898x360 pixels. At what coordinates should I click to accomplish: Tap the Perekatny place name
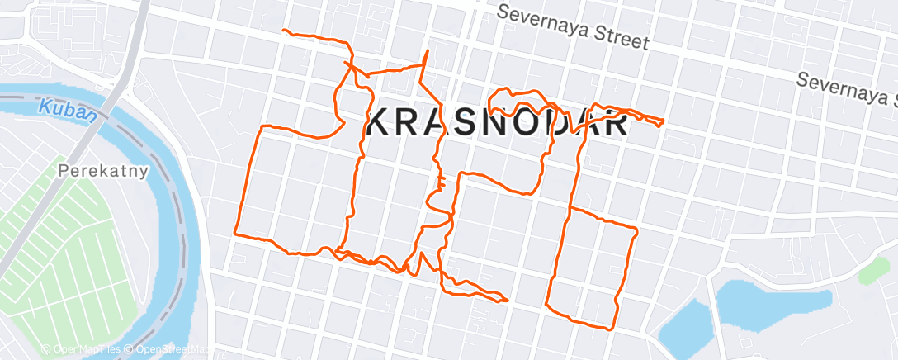[x=103, y=172]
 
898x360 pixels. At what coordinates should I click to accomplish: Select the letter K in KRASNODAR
[x=380, y=125]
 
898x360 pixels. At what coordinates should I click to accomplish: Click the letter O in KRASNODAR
[x=538, y=125]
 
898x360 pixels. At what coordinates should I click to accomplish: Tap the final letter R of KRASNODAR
[x=616, y=125]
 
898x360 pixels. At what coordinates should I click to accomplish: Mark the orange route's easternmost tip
[x=663, y=122]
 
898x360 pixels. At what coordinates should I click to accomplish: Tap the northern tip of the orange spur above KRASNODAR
[x=428, y=51]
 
